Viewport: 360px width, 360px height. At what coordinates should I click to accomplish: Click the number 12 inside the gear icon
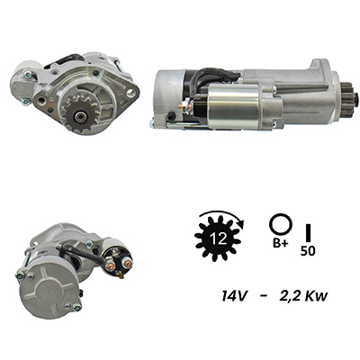pyautogui.click(x=219, y=238)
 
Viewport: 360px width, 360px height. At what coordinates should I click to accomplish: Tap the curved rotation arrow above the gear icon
pyautogui.click(x=222, y=213)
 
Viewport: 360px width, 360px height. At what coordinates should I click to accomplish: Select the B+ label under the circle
pyautogui.click(x=280, y=243)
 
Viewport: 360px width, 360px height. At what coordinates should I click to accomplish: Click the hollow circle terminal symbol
pyautogui.click(x=281, y=224)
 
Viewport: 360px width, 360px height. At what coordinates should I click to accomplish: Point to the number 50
pyautogui.click(x=308, y=251)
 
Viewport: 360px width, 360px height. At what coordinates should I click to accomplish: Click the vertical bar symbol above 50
pyautogui.click(x=308, y=232)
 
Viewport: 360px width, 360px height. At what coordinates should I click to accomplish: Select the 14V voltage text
pyautogui.click(x=234, y=296)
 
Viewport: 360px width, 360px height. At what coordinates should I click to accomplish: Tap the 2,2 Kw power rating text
pyautogui.click(x=303, y=297)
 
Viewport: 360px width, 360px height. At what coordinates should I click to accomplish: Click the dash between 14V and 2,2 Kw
pyautogui.click(x=264, y=297)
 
